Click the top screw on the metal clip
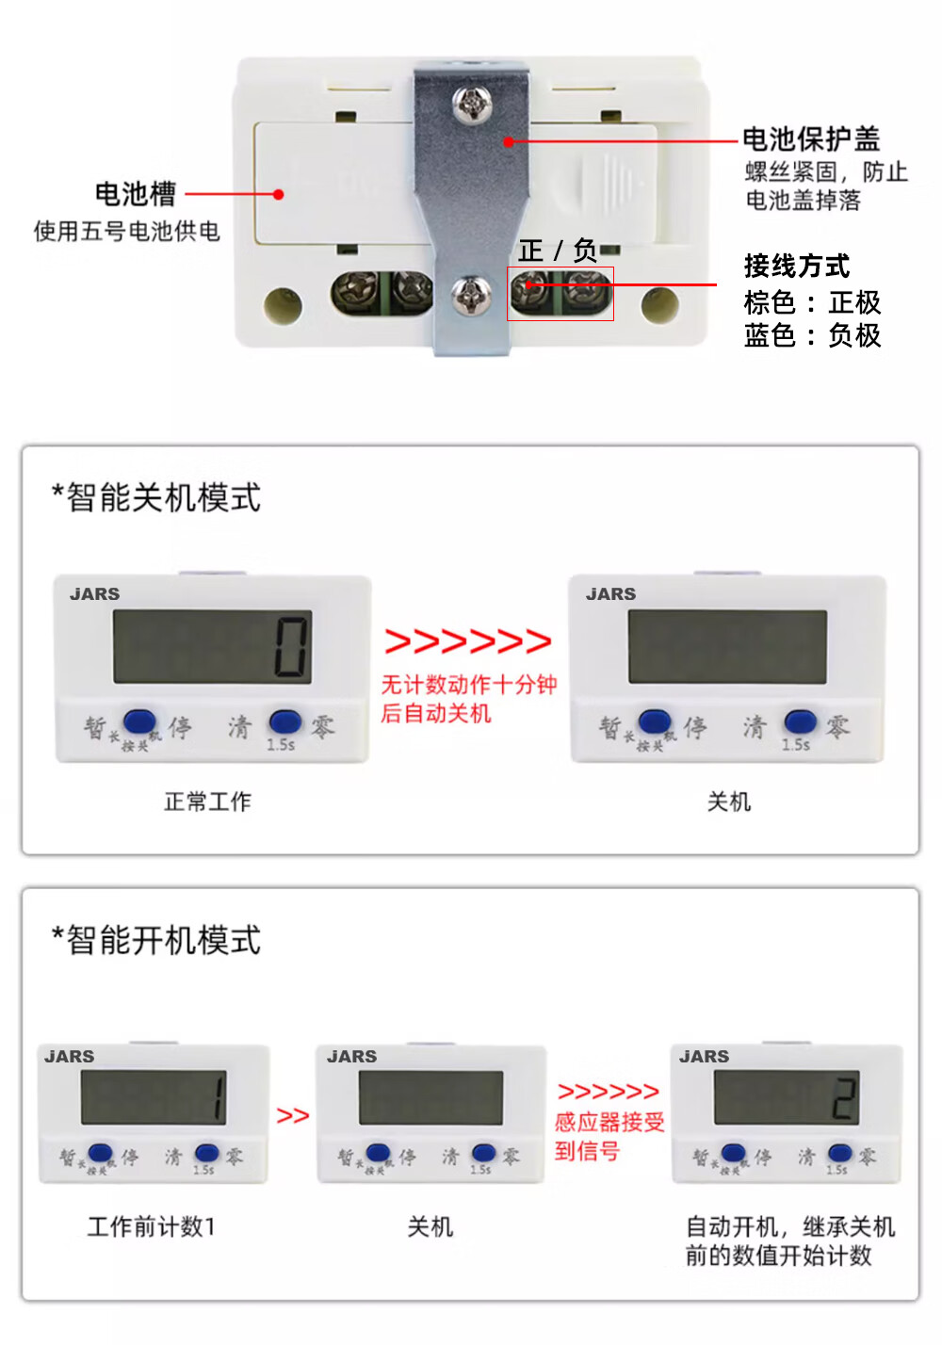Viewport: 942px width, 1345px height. click(472, 105)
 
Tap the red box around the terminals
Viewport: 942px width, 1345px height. click(560, 294)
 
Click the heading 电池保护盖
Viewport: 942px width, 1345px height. click(811, 139)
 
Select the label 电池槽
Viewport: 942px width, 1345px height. click(136, 194)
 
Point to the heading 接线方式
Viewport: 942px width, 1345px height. click(797, 266)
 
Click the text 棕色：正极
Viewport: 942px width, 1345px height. click(812, 302)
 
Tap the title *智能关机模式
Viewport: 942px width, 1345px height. click(156, 497)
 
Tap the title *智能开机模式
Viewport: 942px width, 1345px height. click(156, 940)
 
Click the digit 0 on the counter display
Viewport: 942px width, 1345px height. click(291, 647)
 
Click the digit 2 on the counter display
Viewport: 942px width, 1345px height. click(844, 1098)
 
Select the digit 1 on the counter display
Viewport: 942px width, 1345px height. click(219, 1097)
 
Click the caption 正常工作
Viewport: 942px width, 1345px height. click(208, 802)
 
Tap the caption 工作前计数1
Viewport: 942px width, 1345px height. click(152, 1226)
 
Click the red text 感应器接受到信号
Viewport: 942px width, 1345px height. click(609, 1136)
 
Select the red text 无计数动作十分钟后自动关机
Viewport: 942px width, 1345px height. click(468, 699)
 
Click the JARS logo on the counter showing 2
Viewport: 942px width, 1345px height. click(705, 1057)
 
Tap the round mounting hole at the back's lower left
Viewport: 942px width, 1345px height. click(283, 304)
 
